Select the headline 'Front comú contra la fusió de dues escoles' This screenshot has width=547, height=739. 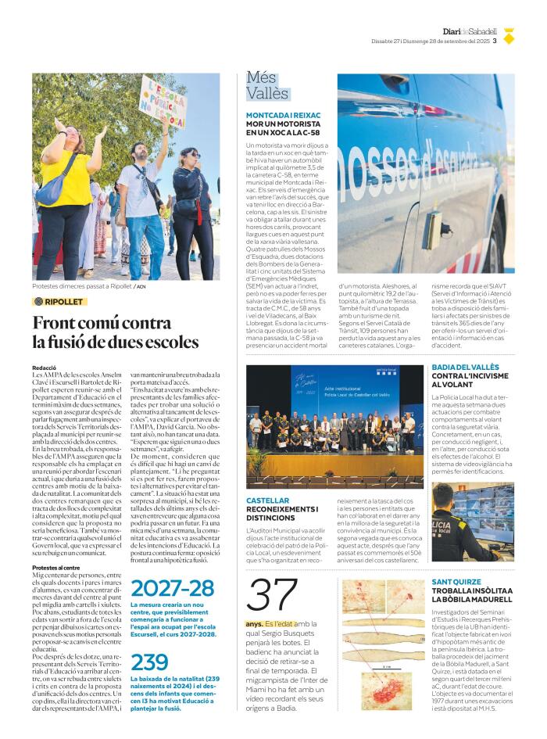pyautogui.click(x=116, y=332)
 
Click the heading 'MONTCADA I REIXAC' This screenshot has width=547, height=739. pyautogui.click(x=283, y=115)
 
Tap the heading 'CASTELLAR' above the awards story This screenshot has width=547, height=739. pyautogui.click(x=267, y=500)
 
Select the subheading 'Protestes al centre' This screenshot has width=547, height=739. pyautogui.click(x=56, y=567)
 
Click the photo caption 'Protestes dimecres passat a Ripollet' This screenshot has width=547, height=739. pyautogui.click(x=82, y=286)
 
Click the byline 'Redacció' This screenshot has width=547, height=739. pyautogui.click(x=44, y=367)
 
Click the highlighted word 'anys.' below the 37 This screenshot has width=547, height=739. pyautogui.click(x=254, y=623)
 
